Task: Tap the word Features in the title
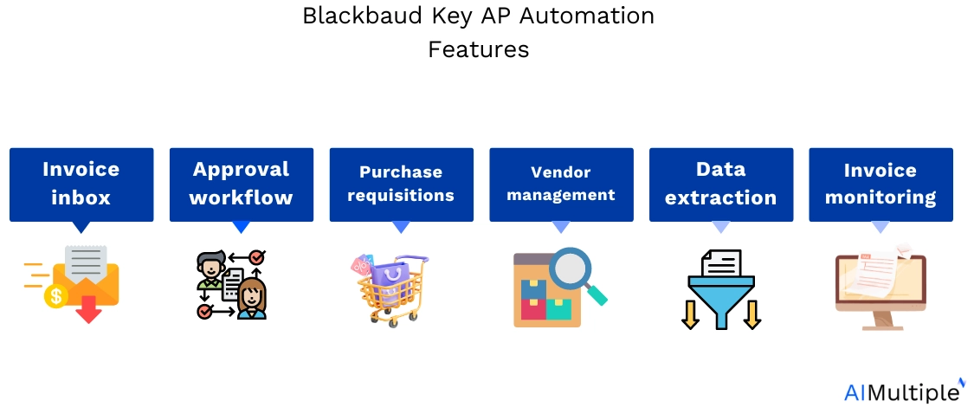click(x=478, y=49)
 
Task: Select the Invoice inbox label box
click(x=81, y=184)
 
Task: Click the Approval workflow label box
click(x=241, y=184)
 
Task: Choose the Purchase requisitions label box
click(x=401, y=184)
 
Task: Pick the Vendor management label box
click(x=562, y=184)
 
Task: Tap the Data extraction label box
click(x=721, y=184)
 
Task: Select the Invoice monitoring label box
click(x=880, y=184)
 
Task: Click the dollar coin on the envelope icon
click(x=56, y=296)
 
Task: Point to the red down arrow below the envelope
click(x=89, y=309)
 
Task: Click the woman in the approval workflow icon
click(x=252, y=299)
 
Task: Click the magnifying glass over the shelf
click(x=577, y=275)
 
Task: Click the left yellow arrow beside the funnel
click(x=690, y=314)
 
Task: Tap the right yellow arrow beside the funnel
click(x=752, y=314)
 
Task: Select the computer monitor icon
click(x=880, y=290)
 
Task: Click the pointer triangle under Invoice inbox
click(x=81, y=228)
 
